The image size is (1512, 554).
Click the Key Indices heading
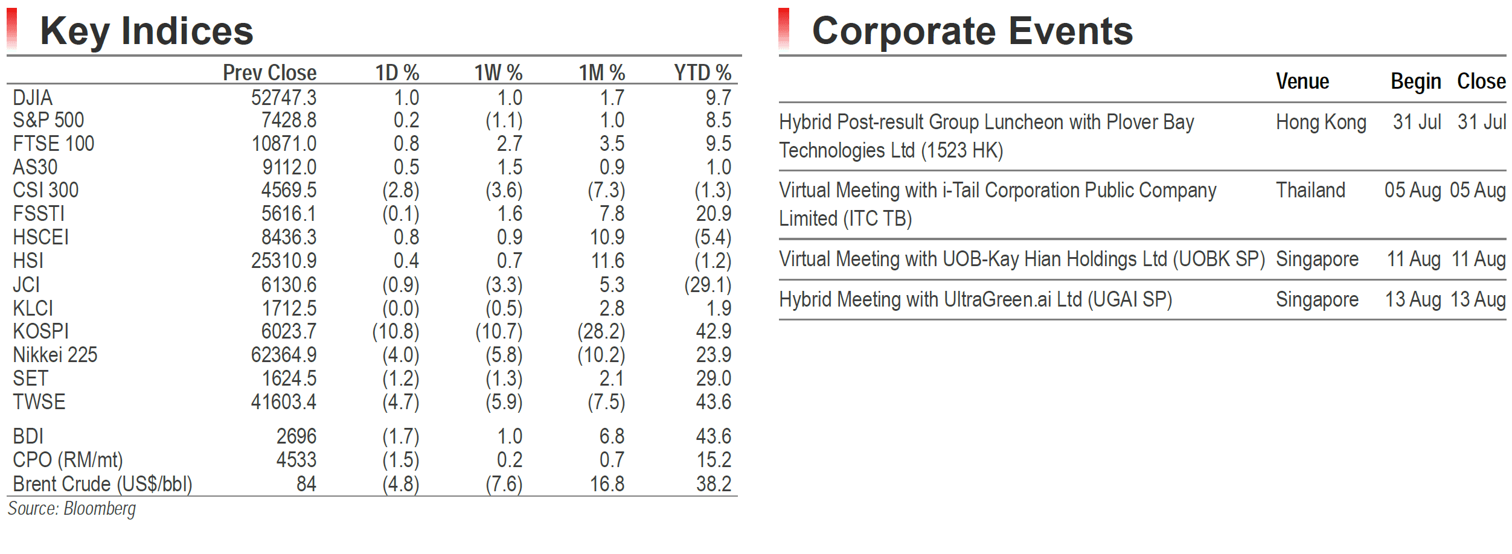pos(147,31)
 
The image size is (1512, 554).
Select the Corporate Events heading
pos(972,31)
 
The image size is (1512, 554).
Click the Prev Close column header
pos(270,73)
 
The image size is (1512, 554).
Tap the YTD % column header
pos(703,73)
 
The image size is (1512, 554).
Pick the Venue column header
pos(1302,81)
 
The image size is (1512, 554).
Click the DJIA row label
pos(33,98)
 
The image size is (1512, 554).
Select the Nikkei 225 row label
pos(55,355)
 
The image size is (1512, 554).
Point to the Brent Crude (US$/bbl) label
pos(103,484)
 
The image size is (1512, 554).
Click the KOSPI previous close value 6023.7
pos(289,331)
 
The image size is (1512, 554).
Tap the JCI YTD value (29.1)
pos(708,285)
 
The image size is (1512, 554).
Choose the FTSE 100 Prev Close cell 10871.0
pos(284,144)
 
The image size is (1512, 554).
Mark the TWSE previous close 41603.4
pos(284,402)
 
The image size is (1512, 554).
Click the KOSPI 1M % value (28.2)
pos(601,331)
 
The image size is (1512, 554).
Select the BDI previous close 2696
pos(296,436)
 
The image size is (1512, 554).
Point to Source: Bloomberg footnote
pos(72,509)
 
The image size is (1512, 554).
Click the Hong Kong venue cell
pos(1321,123)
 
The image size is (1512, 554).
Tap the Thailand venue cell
pos(1310,190)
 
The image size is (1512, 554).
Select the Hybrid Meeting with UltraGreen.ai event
pos(976,300)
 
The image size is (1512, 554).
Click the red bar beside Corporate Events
pos(784,28)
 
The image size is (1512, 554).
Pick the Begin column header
pos(1416,81)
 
